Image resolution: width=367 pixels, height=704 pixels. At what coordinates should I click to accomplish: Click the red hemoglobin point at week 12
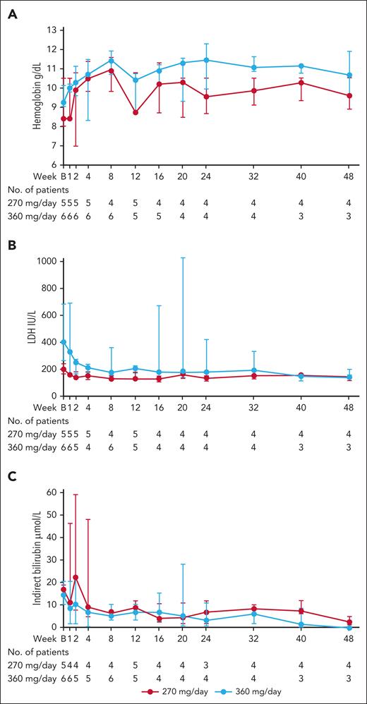click(x=136, y=112)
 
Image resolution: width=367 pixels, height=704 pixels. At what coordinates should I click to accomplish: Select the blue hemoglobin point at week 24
click(x=206, y=60)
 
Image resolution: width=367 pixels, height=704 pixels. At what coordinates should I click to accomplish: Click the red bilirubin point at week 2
click(x=76, y=577)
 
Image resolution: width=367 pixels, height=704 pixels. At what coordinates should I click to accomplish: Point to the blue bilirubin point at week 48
click(x=350, y=626)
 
